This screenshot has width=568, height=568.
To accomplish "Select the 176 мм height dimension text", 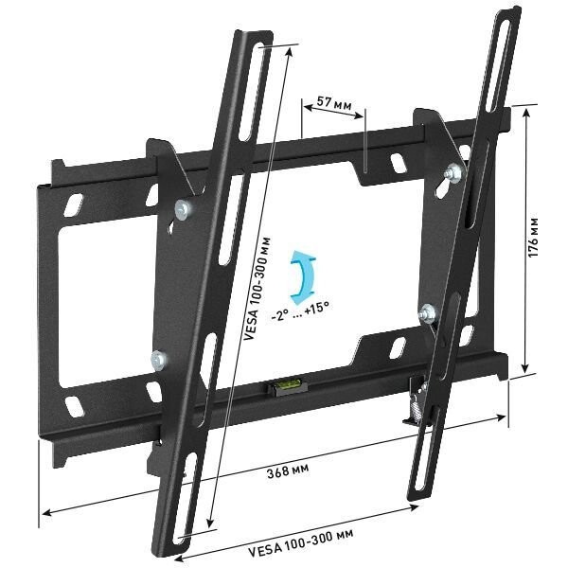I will coord(535,240).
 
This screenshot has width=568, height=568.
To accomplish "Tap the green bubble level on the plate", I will coord(284,385).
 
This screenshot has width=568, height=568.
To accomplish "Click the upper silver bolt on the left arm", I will coord(182,209).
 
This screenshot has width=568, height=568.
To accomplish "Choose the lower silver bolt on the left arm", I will coord(158,359).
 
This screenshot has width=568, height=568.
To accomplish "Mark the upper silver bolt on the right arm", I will coord(453,172).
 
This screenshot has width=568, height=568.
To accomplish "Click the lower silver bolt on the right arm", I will coord(427,311).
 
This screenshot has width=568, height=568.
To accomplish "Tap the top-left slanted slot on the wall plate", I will coord(73,203).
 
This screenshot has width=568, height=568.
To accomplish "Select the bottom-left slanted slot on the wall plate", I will coord(72,406).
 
